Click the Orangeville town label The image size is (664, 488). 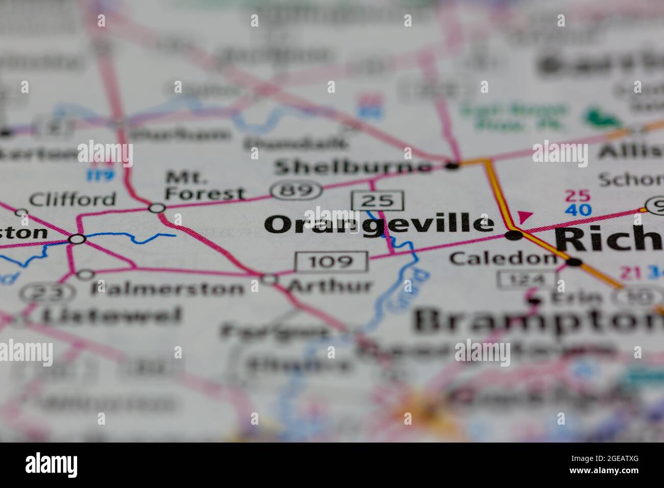tap(380, 225)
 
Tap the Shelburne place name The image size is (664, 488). tap(353, 166)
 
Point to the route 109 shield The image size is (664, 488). tap(331, 262)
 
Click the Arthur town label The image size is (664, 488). tap(329, 285)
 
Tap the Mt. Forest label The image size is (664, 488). tap(205, 186)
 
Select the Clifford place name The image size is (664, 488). tap(73, 199)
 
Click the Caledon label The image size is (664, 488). tap(503, 258)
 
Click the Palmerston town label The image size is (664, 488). tap(168, 288)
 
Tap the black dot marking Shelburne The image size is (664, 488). tap(452, 165)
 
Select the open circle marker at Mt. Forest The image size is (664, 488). tap(157, 208)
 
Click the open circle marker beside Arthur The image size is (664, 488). tap(269, 279)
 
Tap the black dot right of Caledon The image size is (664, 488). tap(574, 262)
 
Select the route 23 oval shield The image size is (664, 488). tap(48, 293)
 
